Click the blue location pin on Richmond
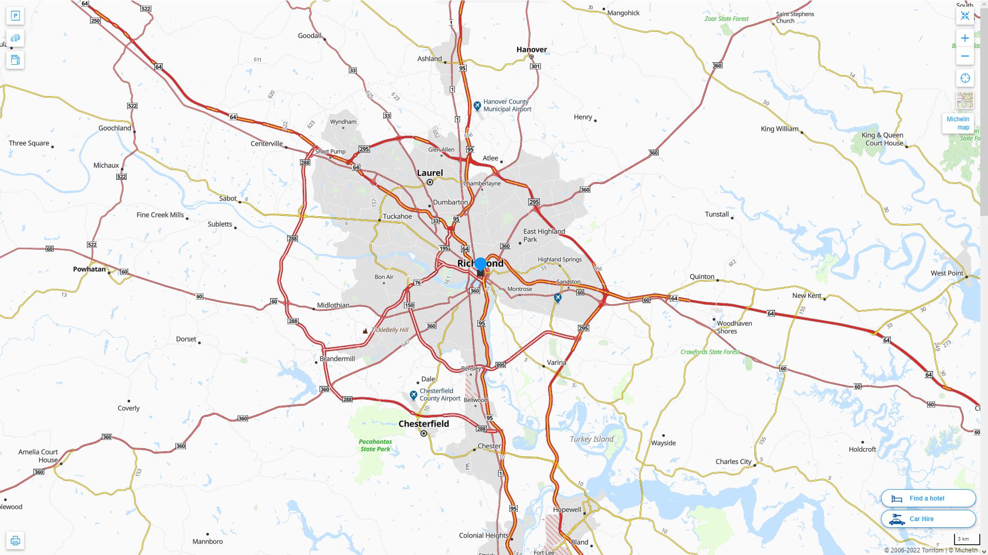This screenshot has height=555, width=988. pyautogui.click(x=481, y=264)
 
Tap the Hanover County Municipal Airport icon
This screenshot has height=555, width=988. pyautogui.click(x=477, y=106)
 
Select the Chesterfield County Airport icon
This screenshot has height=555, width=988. pyautogui.click(x=413, y=395)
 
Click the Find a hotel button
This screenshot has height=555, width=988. pyautogui.click(x=928, y=498)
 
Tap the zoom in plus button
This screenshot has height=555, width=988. pyautogui.click(x=965, y=38)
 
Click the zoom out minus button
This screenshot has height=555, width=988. pyautogui.click(x=965, y=56)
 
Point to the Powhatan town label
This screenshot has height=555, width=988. pyautogui.click(x=89, y=269)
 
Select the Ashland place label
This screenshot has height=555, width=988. pyautogui.click(x=429, y=59)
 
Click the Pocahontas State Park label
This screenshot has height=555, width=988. pyautogui.click(x=375, y=445)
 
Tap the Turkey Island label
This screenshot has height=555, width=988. pyautogui.click(x=591, y=439)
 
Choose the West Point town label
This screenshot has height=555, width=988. pyautogui.click(x=946, y=273)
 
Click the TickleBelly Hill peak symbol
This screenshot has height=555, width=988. pyautogui.click(x=365, y=331)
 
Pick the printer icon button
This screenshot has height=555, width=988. pyautogui.click(x=15, y=541)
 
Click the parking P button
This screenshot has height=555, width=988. pyautogui.click(x=15, y=16)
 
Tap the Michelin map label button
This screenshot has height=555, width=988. pyautogui.click(x=958, y=123)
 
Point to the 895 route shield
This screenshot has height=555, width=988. pyautogui.click(x=500, y=365)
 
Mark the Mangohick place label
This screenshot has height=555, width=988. pyautogui.click(x=623, y=13)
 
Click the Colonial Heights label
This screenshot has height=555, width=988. pyautogui.click(x=483, y=535)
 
